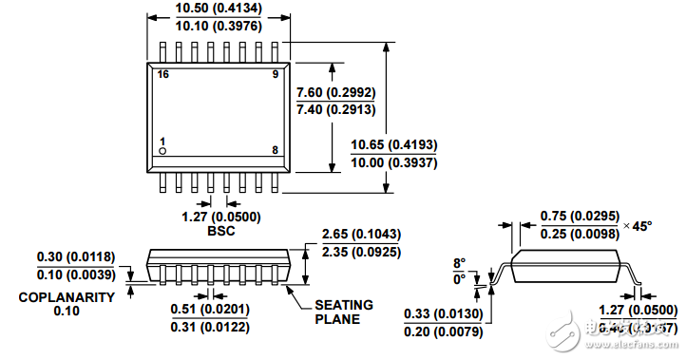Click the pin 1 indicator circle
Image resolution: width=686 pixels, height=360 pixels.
pyautogui.click(x=162, y=151)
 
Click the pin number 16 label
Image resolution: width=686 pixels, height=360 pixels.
pyautogui.click(x=164, y=74)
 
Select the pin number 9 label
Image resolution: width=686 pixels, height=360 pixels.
pyautogui.click(x=275, y=74)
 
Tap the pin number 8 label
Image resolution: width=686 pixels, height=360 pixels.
pyautogui.click(x=275, y=150)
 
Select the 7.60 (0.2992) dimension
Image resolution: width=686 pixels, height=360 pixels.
pyautogui.click(x=336, y=93)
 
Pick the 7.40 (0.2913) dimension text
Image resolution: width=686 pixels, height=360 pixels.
pyautogui.click(x=336, y=110)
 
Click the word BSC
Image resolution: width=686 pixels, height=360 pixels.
pyautogui.click(x=219, y=231)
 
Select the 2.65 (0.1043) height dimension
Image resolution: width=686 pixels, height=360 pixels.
pyautogui.click(x=361, y=235)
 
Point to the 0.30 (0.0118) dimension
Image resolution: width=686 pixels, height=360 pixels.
pyautogui.click(x=76, y=256)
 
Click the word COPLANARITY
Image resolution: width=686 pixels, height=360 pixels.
pyautogui.click(x=67, y=296)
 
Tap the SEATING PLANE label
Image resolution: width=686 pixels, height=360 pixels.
pyautogui.click(x=344, y=312)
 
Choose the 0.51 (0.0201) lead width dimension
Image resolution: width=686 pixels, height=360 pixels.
pyautogui.click(x=209, y=310)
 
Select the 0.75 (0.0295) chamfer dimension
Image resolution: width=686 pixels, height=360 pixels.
pyautogui.click(x=579, y=218)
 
